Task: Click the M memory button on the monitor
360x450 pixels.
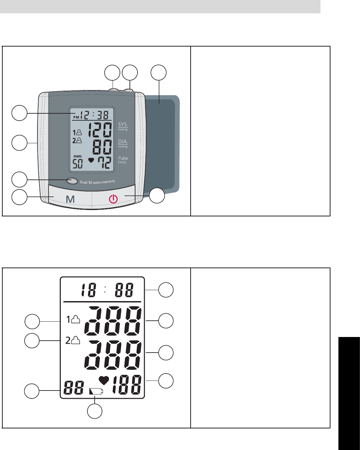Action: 70,199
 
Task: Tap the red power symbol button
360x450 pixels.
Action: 113,199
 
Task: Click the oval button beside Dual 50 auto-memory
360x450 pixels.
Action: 72,181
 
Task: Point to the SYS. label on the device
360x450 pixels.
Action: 123,125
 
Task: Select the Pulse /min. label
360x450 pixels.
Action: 123,160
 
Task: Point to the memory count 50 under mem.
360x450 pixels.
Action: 78,164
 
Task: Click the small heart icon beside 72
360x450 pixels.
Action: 91,160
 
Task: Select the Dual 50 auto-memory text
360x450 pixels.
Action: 97,182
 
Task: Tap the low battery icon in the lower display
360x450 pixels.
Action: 96,391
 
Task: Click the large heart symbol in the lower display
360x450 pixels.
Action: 104,381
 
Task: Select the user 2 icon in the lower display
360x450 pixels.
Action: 73,340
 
